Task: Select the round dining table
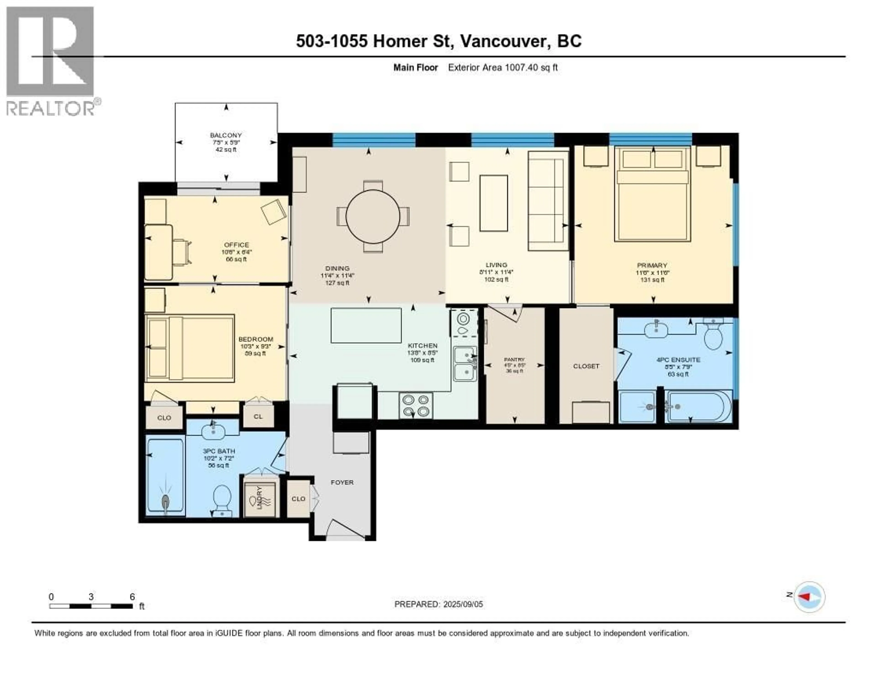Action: [x=373, y=217]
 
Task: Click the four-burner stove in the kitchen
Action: [x=416, y=405]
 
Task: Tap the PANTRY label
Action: [x=514, y=360]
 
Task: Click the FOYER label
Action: [x=342, y=482]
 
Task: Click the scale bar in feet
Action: [x=91, y=606]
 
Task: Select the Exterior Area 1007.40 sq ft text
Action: [x=503, y=67]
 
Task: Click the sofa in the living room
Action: [x=547, y=201]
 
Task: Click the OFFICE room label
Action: [x=237, y=245]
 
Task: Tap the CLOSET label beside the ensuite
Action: [x=586, y=366]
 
